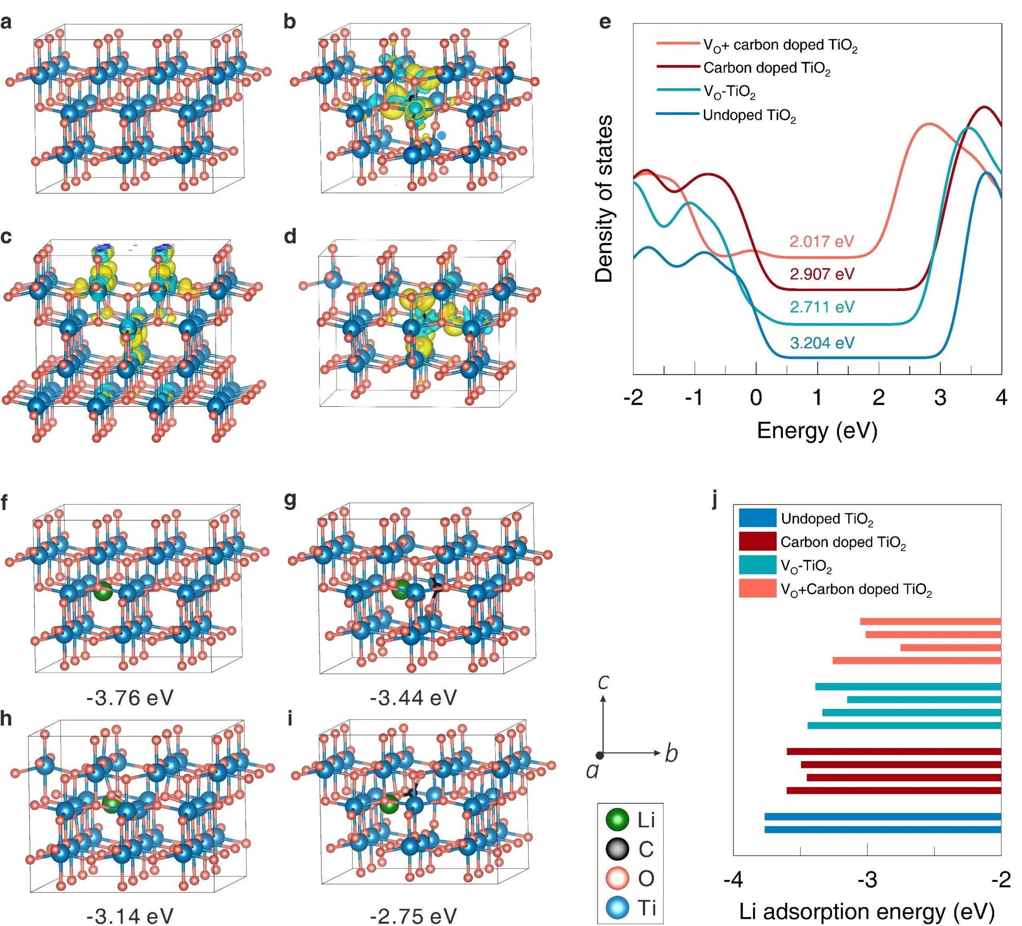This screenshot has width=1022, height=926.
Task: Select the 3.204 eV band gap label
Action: pos(822,343)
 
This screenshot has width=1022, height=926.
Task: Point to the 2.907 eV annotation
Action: pos(822,274)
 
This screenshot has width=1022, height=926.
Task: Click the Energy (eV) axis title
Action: pos(817,431)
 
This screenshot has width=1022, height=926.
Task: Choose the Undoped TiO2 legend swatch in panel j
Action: pos(757,518)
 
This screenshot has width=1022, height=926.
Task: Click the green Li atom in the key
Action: pos(618,819)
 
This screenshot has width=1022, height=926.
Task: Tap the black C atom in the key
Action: pos(618,849)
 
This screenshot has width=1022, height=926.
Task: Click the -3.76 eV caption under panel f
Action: pos(130,698)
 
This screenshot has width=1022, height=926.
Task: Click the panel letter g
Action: pos(290,500)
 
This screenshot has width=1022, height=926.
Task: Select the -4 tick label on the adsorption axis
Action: pos(733,880)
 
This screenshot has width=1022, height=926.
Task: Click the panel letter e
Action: pos(605,22)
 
